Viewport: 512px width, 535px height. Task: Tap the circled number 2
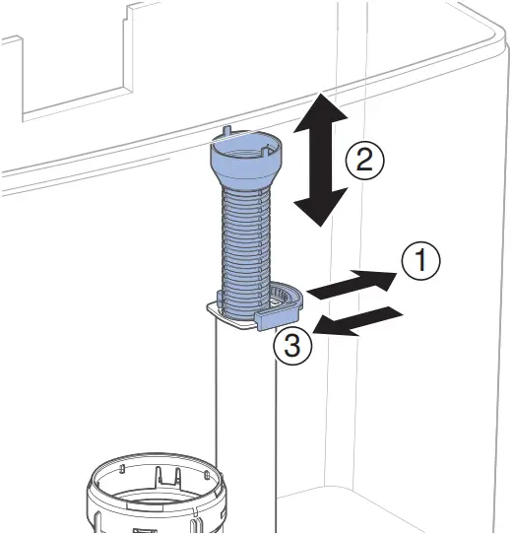coord(365,159)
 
